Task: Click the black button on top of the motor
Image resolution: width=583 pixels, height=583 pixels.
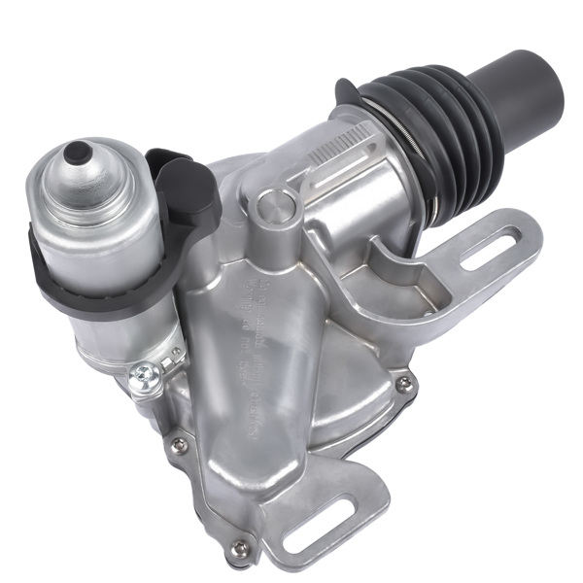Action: (77, 153)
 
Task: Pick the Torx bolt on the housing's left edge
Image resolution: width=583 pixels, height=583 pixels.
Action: (179, 444)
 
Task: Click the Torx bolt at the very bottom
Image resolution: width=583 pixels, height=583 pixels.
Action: (238, 549)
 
